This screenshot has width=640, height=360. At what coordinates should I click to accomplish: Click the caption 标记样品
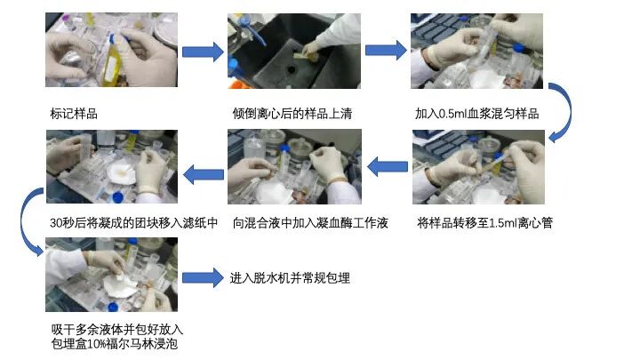tap(73, 114)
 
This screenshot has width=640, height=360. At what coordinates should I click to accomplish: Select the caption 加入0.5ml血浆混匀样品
tap(476, 114)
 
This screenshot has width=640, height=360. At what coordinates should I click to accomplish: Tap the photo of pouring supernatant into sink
tap(294, 52)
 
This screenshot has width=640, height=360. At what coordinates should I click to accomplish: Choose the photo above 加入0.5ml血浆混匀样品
tap(476, 52)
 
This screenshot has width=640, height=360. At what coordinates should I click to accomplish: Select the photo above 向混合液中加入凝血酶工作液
tap(294, 167)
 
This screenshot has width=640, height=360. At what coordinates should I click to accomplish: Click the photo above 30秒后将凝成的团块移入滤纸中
tap(112, 167)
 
